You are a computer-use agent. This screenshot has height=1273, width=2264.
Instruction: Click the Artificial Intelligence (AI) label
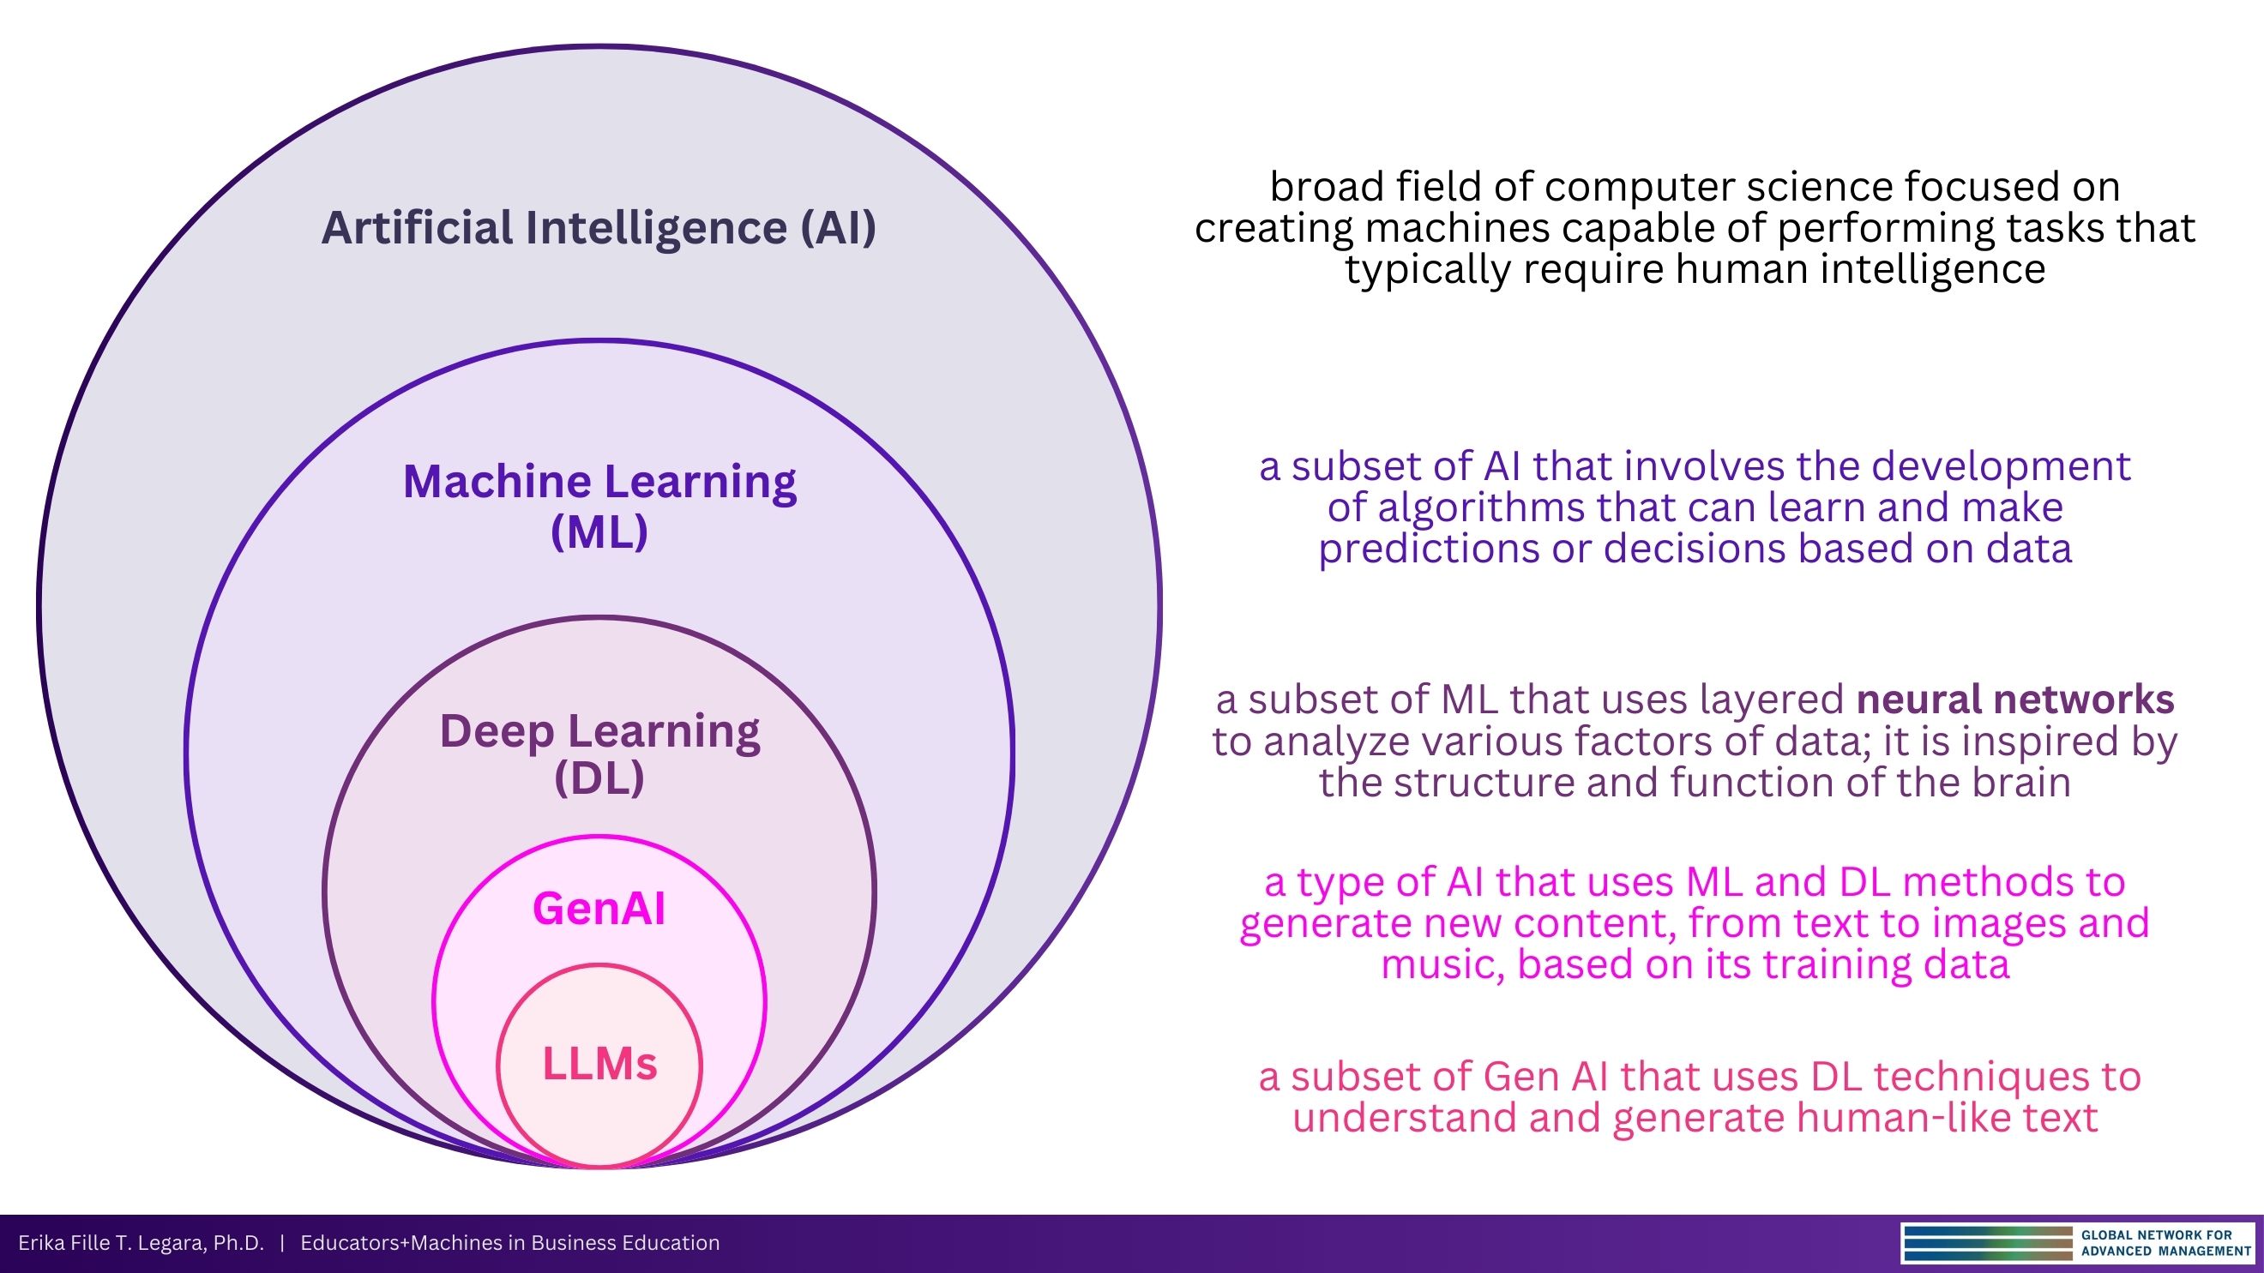(x=599, y=227)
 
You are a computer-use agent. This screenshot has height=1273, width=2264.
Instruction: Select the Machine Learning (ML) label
(x=599, y=505)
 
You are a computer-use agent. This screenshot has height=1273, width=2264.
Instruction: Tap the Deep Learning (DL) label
(x=599, y=754)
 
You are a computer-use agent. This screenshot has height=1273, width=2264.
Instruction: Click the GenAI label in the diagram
(x=599, y=909)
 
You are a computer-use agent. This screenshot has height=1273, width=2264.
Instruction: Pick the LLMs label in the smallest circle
(x=599, y=1064)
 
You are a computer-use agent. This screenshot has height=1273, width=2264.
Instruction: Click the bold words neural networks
(x=2014, y=700)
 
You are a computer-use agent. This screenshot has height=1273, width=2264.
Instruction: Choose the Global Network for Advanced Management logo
(x=2078, y=1243)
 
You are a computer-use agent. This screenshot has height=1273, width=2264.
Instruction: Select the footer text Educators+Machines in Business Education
(x=509, y=1243)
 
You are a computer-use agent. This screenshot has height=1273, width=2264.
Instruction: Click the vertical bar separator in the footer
(x=282, y=1243)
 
